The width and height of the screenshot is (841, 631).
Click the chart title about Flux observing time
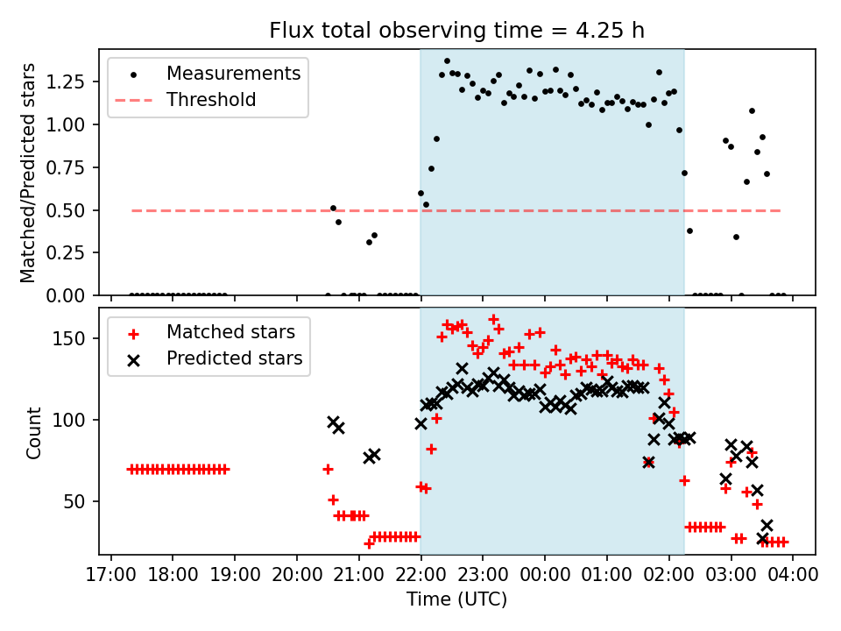tap(456, 31)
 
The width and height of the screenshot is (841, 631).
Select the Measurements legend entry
tap(234, 73)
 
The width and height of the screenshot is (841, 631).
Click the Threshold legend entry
tap(211, 100)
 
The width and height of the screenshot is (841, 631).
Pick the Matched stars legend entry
tap(230, 332)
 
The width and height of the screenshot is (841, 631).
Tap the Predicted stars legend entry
tap(234, 358)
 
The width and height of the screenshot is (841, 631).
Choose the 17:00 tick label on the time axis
tap(110, 575)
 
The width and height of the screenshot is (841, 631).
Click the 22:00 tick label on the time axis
tap(420, 575)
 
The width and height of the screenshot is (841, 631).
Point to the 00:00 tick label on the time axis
tap(545, 575)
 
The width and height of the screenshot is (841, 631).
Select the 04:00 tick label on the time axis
tap(793, 575)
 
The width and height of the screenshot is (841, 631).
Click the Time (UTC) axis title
tap(456, 599)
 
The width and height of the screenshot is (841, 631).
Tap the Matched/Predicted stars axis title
tap(28, 173)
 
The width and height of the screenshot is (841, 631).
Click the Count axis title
tap(34, 432)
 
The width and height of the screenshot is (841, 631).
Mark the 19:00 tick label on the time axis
tap(234, 575)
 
